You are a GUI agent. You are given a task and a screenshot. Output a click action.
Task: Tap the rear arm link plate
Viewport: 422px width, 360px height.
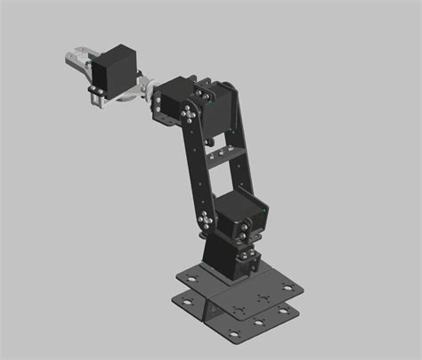[243, 151]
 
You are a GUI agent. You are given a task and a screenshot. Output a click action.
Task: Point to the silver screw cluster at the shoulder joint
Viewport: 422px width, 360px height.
[206, 221]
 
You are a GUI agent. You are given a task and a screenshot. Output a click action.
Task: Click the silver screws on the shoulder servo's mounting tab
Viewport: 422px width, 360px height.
[241, 233]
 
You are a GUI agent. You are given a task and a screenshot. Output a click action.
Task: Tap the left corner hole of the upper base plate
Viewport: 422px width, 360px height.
[189, 278]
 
